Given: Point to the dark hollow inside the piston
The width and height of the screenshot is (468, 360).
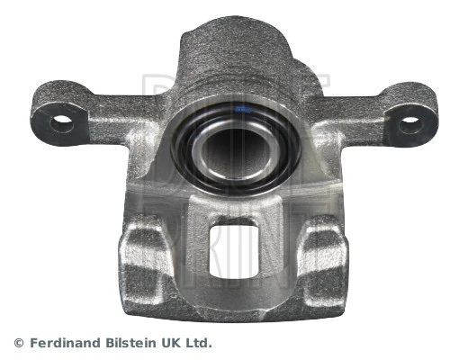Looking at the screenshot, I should pos(237,148).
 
